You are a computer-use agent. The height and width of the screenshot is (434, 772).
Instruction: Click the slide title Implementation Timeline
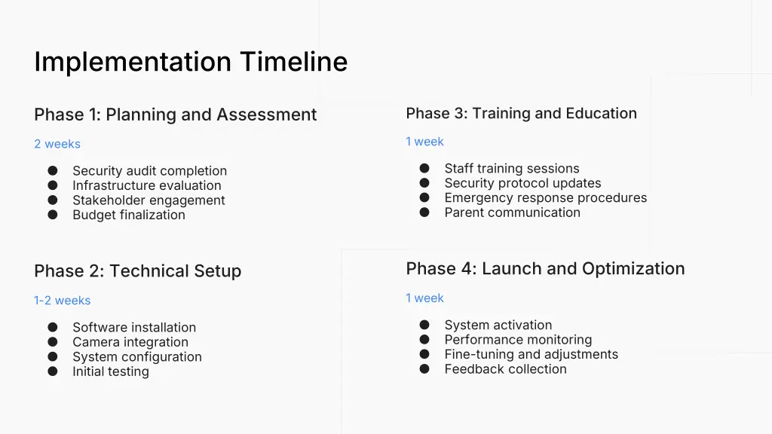(191, 61)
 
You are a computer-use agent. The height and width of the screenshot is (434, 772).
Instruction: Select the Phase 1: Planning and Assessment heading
(175, 115)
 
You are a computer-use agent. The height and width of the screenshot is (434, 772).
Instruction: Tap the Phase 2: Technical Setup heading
(137, 271)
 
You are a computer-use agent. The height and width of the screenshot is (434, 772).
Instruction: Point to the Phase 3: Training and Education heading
(521, 113)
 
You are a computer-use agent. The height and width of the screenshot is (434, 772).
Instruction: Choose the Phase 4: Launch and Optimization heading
(545, 269)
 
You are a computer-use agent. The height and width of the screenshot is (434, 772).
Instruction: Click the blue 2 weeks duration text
(57, 144)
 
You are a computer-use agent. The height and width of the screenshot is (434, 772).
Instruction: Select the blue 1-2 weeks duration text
(62, 301)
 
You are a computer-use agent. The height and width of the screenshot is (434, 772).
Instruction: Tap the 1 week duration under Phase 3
(424, 142)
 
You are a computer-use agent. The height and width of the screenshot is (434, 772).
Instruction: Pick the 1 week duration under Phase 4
(424, 298)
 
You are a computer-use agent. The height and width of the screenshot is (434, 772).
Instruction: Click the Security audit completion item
(149, 171)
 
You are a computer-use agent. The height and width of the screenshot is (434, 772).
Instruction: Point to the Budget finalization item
(128, 215)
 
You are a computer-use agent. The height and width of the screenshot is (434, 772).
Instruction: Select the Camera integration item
(130, 342)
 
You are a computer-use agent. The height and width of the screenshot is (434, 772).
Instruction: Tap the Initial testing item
(110, 371)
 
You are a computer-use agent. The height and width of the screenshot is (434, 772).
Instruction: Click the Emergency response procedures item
(545, 198)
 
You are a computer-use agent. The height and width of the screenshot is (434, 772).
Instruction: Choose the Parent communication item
(512, 212)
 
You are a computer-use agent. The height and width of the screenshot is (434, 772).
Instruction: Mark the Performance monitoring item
(518, 340)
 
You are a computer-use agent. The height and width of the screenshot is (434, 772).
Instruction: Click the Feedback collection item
(505, 369)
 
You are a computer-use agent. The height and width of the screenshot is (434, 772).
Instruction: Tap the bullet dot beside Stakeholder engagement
(53, 200)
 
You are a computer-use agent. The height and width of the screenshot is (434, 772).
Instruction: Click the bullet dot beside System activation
(424, 325)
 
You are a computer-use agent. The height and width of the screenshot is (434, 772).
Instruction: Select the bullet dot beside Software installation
(53, 327)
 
